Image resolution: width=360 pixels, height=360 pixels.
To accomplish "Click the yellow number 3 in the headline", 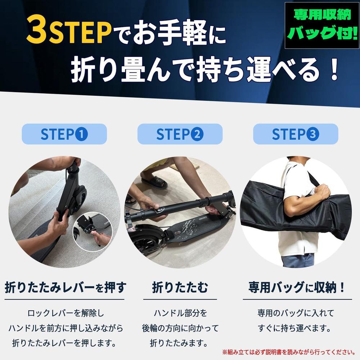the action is pyautogui.click(x=37, y=30).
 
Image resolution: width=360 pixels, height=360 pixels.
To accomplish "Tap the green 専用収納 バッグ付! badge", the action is pyautogui.click(x=322, y=25).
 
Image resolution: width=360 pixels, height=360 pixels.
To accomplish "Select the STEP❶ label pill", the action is pyautogui.click(x=64, y=134).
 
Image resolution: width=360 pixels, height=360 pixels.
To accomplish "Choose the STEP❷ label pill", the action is pyautogui.click(x=180, y=134).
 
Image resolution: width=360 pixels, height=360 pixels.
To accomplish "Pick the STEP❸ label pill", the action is pyautogui.click(x=296, y=134).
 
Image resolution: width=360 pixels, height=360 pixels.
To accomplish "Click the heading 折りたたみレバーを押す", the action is pyautogui.click(x=66, y=287).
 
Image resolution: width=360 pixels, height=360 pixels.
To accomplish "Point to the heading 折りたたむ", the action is pyautogui.click(x=180, y=287).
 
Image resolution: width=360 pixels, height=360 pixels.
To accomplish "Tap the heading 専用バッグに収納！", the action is pyautogui.click(x=297, y=287).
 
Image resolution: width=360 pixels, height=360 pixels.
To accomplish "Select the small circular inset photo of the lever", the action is pyautogui.click(x=93, y=231).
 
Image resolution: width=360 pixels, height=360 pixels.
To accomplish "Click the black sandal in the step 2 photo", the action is pyautogui.click(x=154, y=181).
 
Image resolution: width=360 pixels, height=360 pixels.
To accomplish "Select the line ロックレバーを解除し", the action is pyautogui.click(x=66, y=313).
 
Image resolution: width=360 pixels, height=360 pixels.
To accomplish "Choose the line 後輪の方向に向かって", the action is pyautogui.click(x=180, y=328).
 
